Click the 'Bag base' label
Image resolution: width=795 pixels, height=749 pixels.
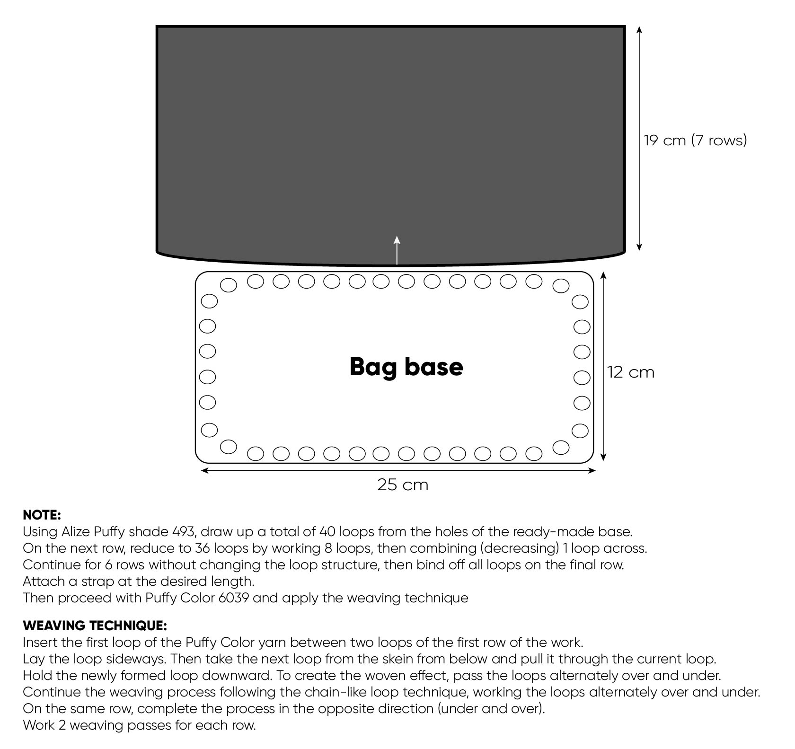pyautogui.click(x=406, y=367)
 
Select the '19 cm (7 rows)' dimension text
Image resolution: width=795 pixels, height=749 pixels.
pyautogui.click(x=695, y=140)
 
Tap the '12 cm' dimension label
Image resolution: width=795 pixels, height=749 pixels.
pyautogui.click(x=631, y=372)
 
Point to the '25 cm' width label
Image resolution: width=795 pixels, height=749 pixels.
pyautogui.click(x=403, y=485)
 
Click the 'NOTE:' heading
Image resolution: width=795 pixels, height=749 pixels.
pyautogui.click(x=42, y=515)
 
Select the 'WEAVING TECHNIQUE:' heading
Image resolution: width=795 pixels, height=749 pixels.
pyautogui.click(x=95, y=626)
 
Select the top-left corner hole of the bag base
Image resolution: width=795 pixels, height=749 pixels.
pyautogui.click(x=229, y=285)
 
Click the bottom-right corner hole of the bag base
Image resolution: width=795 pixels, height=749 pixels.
pyautogui.click(x=561, y=447)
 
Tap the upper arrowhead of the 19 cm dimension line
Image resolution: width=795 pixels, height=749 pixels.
pyautogui.click(x=639, y=29)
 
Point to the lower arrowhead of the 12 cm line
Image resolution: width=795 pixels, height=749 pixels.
pyautogui.click(x=603, y=457)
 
